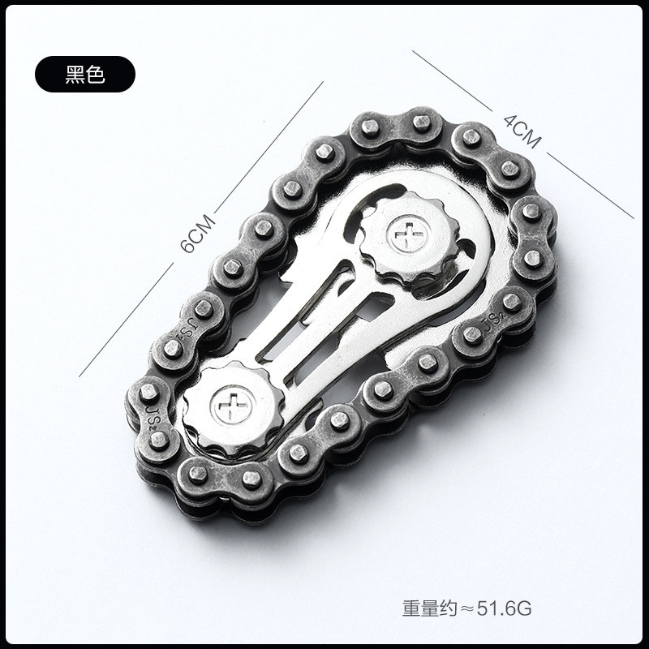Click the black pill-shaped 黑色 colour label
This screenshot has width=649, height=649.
point(84,75)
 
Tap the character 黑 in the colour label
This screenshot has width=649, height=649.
point(75,75)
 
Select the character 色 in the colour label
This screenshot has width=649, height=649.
point(96,75)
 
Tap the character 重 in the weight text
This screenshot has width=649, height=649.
point(410,607)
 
